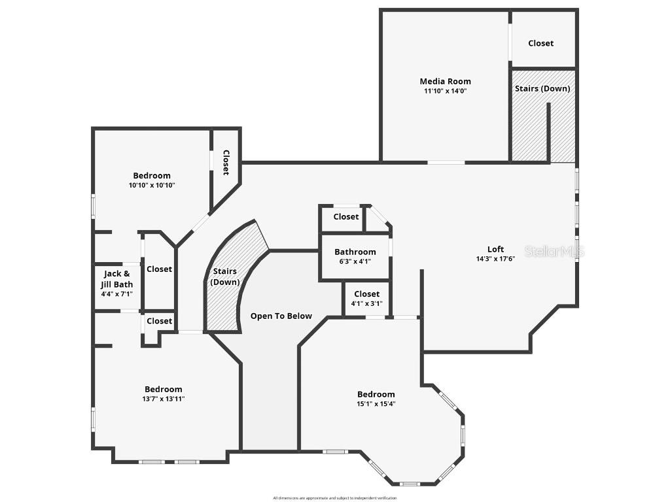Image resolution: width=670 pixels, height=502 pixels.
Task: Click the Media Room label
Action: pos(445,82)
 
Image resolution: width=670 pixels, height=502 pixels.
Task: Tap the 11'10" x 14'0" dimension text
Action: pos(445,92)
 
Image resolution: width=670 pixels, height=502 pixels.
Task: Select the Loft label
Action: pos(495,249)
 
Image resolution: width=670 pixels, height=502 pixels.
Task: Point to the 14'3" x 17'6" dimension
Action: pos(495,259)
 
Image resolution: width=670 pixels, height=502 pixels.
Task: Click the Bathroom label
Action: pos(355,252)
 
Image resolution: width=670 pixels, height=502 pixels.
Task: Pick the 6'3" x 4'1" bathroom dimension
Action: pos(355,261)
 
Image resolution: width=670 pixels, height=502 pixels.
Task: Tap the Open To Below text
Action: pos(281,316)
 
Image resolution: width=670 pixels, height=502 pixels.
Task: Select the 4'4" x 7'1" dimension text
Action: pos(116,294)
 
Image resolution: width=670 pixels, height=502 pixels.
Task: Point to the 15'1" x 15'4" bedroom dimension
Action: pos(376,404)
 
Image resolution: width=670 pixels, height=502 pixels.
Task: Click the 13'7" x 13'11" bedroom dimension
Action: pos(163,399)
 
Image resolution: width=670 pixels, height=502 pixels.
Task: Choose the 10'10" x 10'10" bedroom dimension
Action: pos(152,185)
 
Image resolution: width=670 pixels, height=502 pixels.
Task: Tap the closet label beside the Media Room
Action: pos(540,43)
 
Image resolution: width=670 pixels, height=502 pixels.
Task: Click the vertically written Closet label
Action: pos(226,162)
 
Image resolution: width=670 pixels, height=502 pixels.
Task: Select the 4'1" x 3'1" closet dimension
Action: pos(366,303)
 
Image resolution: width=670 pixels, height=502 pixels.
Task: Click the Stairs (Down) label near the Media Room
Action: pos(542,88)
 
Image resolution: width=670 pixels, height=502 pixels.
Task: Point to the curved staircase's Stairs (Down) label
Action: pos(224,276)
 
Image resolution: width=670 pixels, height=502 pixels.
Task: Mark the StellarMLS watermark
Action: pos(554,252)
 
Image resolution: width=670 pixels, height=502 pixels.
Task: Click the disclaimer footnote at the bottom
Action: pos(335,498)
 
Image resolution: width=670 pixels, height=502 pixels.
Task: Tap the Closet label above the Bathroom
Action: pos(345,217)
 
